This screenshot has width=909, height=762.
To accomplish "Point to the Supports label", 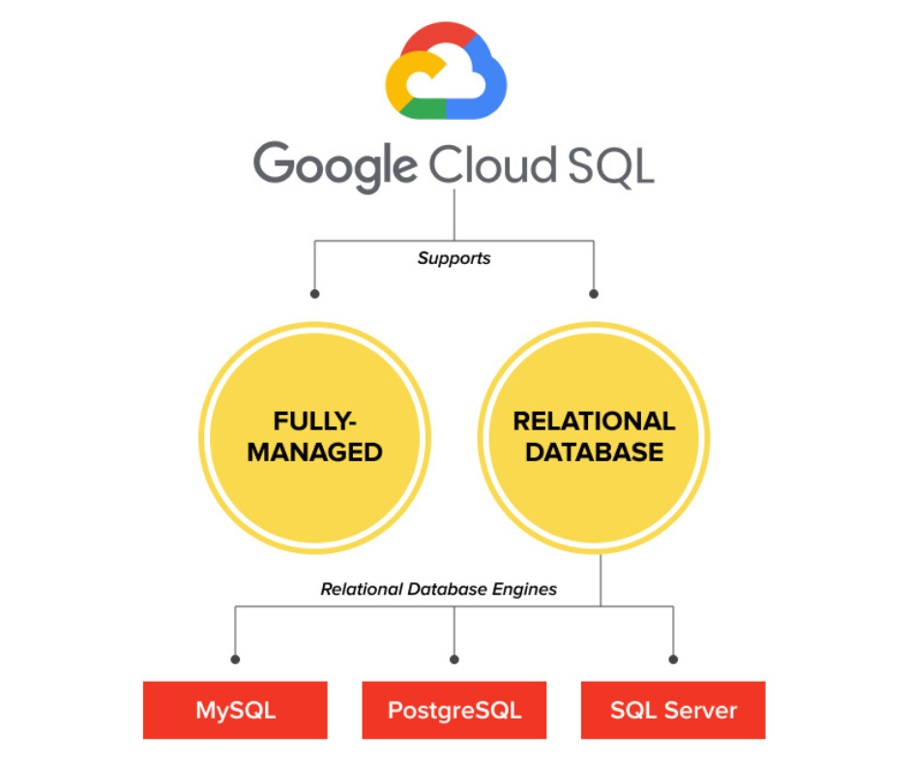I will tap(454, 258).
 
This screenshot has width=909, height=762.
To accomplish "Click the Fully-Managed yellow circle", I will tap(315, 438).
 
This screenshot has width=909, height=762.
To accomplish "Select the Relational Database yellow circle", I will tap(594, 438).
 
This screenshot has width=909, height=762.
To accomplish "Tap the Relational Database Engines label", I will tap(439, 588).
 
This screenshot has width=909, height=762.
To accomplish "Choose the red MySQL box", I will tap(235, 710).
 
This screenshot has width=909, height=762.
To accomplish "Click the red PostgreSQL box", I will tap(454, 710).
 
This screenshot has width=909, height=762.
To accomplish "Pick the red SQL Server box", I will tap(673, 710).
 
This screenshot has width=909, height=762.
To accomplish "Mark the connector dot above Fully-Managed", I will tap(315, 293).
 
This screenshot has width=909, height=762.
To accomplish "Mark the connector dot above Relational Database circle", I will tap(594, 293).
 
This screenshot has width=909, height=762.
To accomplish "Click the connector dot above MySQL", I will tap(235, 659).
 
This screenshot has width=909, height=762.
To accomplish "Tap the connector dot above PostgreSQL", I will tap(454, 659).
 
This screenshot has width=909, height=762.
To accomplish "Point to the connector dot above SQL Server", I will tap(673, 659).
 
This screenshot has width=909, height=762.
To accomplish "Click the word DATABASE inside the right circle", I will tap(594, 452).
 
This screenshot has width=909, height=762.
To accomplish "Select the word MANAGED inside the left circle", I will tap(315, 452).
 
